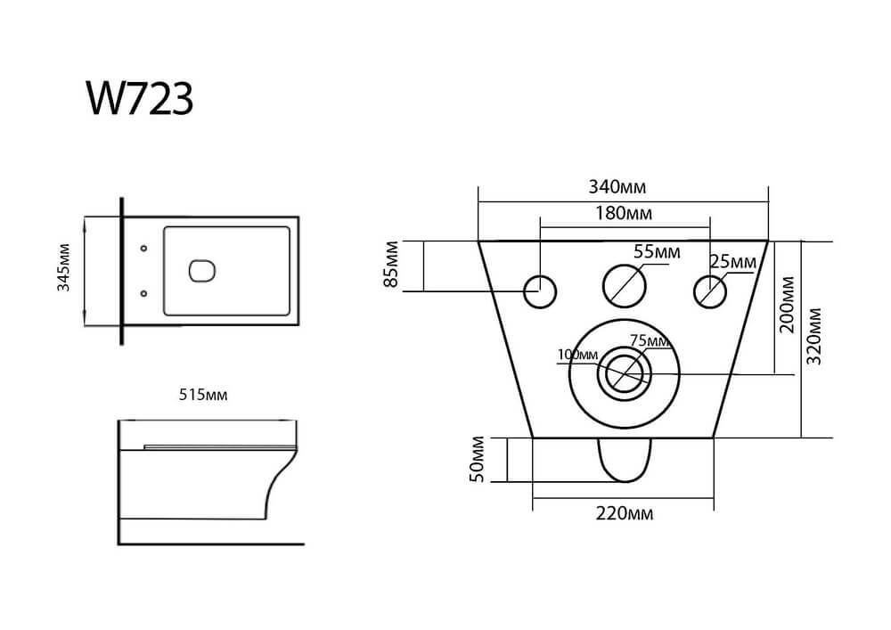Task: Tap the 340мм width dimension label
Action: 617,187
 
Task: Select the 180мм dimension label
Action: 623,214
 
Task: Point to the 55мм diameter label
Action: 657,251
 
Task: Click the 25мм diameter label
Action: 733,262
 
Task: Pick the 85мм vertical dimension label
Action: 390,266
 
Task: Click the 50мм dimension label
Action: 478,459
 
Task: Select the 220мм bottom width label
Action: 623,514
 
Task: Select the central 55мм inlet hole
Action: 624,285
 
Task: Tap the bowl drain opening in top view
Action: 203,270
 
